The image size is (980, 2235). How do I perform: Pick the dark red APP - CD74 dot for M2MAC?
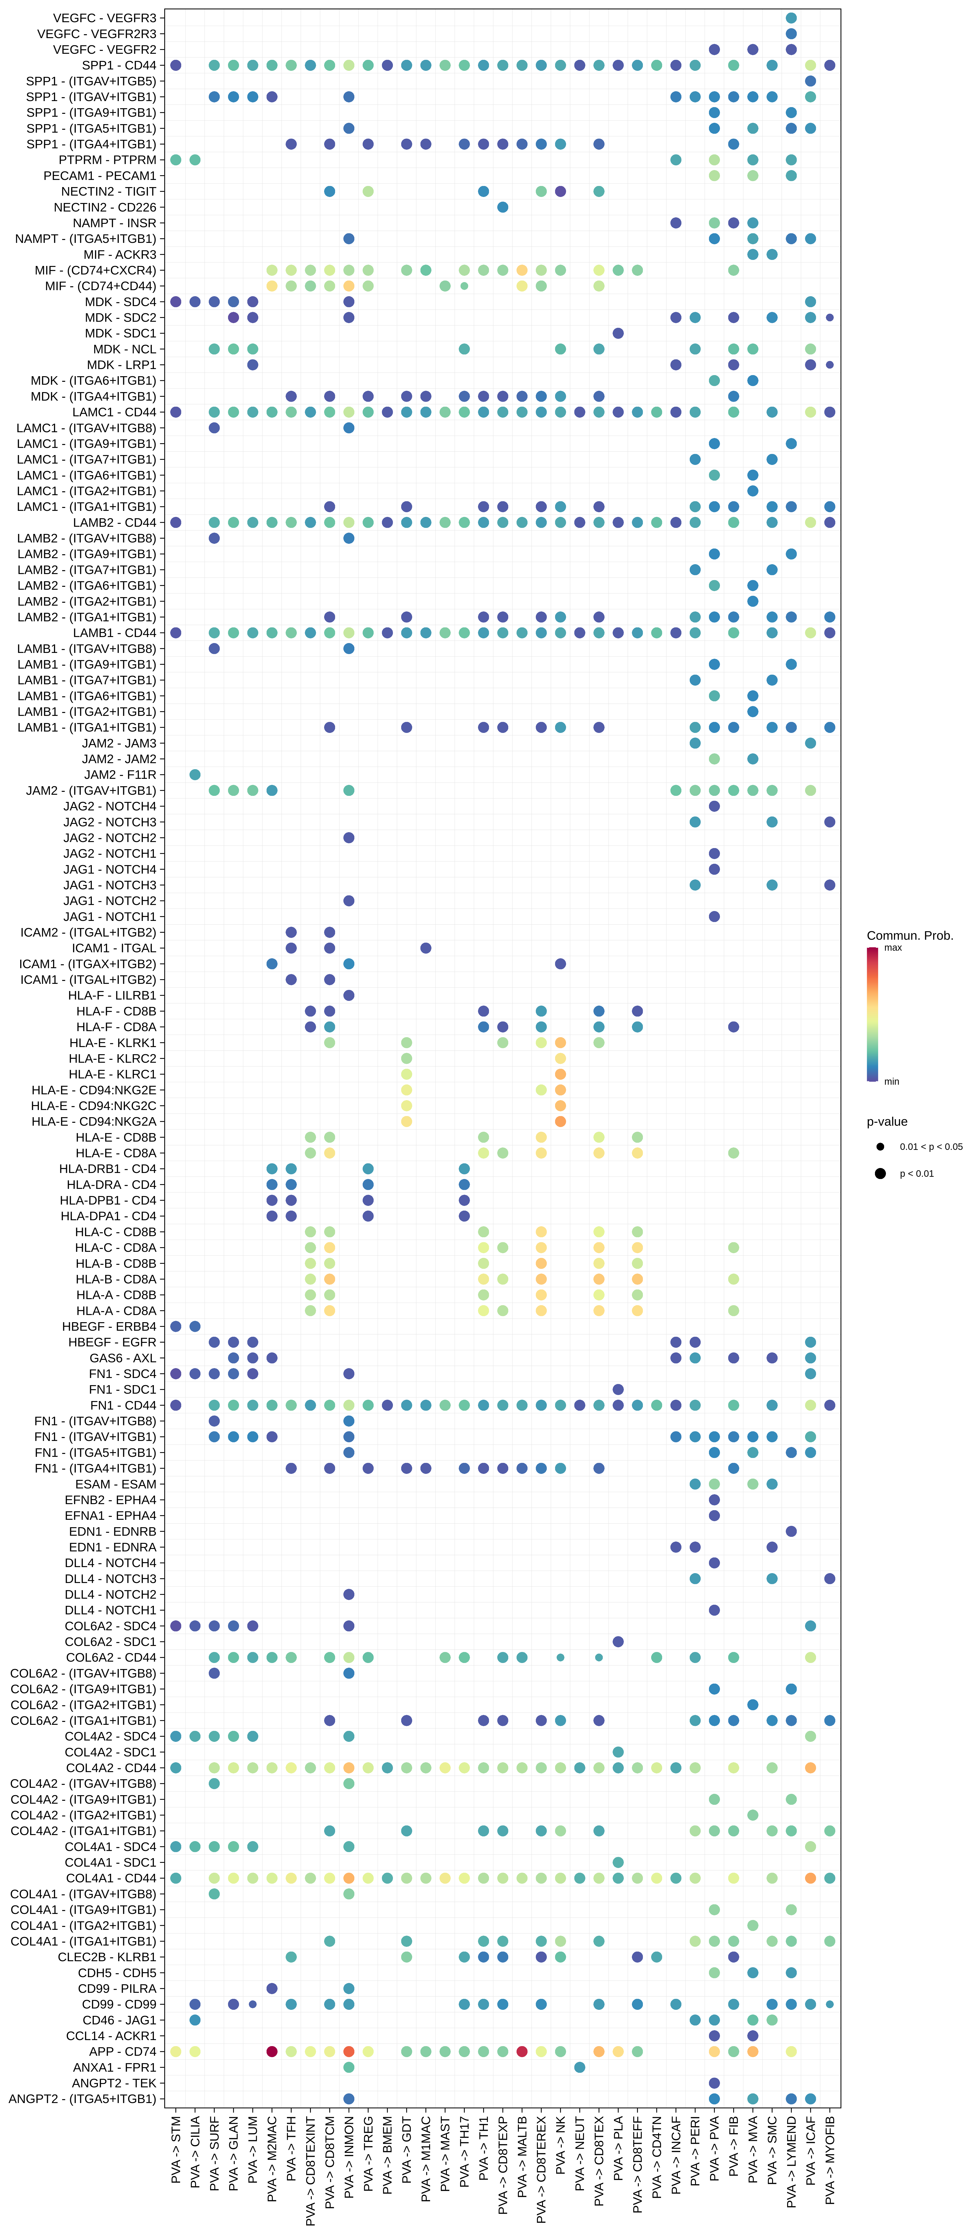[271, 2052]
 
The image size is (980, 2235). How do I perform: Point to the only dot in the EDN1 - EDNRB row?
[791, 1531]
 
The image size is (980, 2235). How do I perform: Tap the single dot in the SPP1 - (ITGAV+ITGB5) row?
[810, 81]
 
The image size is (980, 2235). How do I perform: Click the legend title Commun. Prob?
[910, 935]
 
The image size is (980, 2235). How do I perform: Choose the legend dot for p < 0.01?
[880, 1174]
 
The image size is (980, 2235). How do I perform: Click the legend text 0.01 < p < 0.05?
[930, 1147]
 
